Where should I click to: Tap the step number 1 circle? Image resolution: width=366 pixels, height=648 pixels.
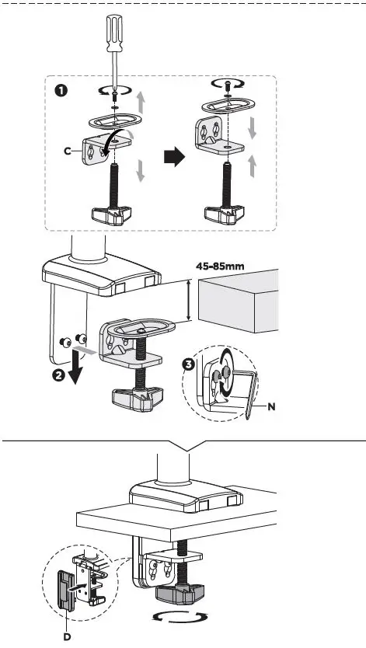(61, 91)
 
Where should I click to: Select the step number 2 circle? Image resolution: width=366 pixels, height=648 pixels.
(58, 378)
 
